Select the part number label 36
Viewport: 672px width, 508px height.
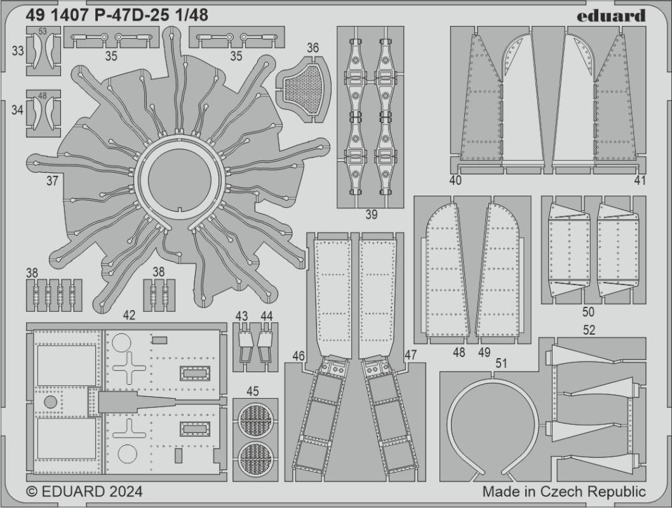point(312,48)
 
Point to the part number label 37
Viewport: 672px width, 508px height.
point(52,181)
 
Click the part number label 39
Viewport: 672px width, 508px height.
point(372,215)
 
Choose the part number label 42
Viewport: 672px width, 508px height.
point(129,314)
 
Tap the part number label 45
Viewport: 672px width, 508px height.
point(253,391)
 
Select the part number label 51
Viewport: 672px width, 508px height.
point(502,363)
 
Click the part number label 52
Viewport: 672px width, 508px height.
point(589,330)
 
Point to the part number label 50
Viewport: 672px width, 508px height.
point(589,312)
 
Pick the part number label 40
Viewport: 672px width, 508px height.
point(455,180)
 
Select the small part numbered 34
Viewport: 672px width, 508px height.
point(43,113)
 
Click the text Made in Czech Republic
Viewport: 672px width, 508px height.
point(564,491)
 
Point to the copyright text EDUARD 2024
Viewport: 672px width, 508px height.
point(84,492)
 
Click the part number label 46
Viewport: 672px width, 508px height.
point(299,356)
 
